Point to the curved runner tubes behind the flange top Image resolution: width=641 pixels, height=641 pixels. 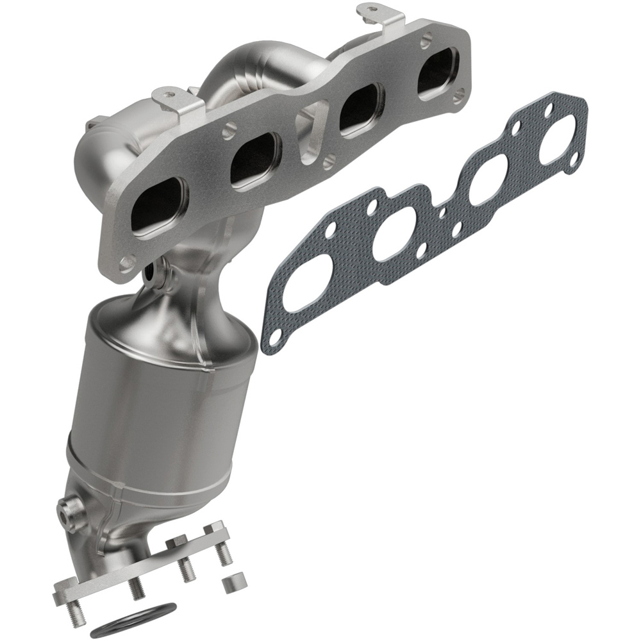(256, 71)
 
